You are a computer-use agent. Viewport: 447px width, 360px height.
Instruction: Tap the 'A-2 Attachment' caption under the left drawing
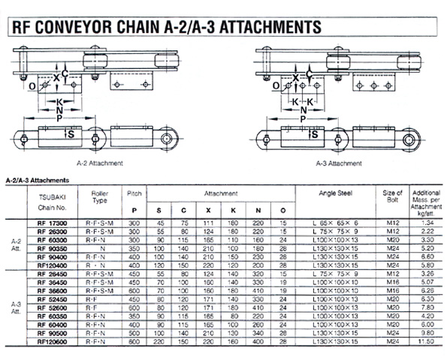point(101,162)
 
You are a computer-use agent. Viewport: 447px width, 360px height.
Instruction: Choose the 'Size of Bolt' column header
point(393,197)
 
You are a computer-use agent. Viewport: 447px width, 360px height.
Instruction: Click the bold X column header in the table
point(207,210)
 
